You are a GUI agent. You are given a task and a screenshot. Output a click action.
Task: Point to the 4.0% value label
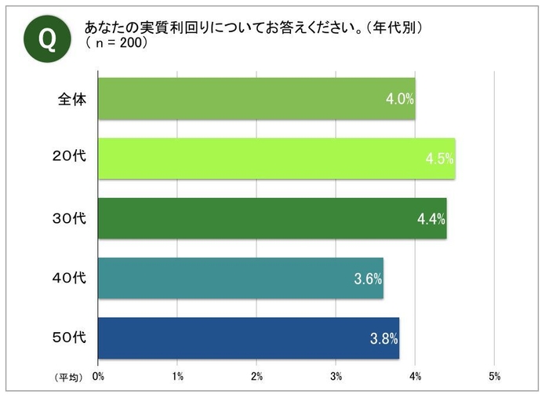(399, 100)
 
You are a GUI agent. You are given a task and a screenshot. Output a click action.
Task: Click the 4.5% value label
(439, 159)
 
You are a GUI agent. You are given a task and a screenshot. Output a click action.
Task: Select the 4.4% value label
(431, 219)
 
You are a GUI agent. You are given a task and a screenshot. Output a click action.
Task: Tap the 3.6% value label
(368, 279)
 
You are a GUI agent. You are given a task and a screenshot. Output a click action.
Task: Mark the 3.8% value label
(384, 339)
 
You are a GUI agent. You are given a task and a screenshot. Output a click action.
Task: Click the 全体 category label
(71, 100)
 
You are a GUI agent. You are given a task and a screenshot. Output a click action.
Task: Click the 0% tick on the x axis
(98, 377)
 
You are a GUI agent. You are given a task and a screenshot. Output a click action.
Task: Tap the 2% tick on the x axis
(256, 377)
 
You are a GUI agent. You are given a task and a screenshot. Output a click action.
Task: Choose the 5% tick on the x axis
(494, 377)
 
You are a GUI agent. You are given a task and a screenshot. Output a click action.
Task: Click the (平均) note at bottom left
(67, 378)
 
